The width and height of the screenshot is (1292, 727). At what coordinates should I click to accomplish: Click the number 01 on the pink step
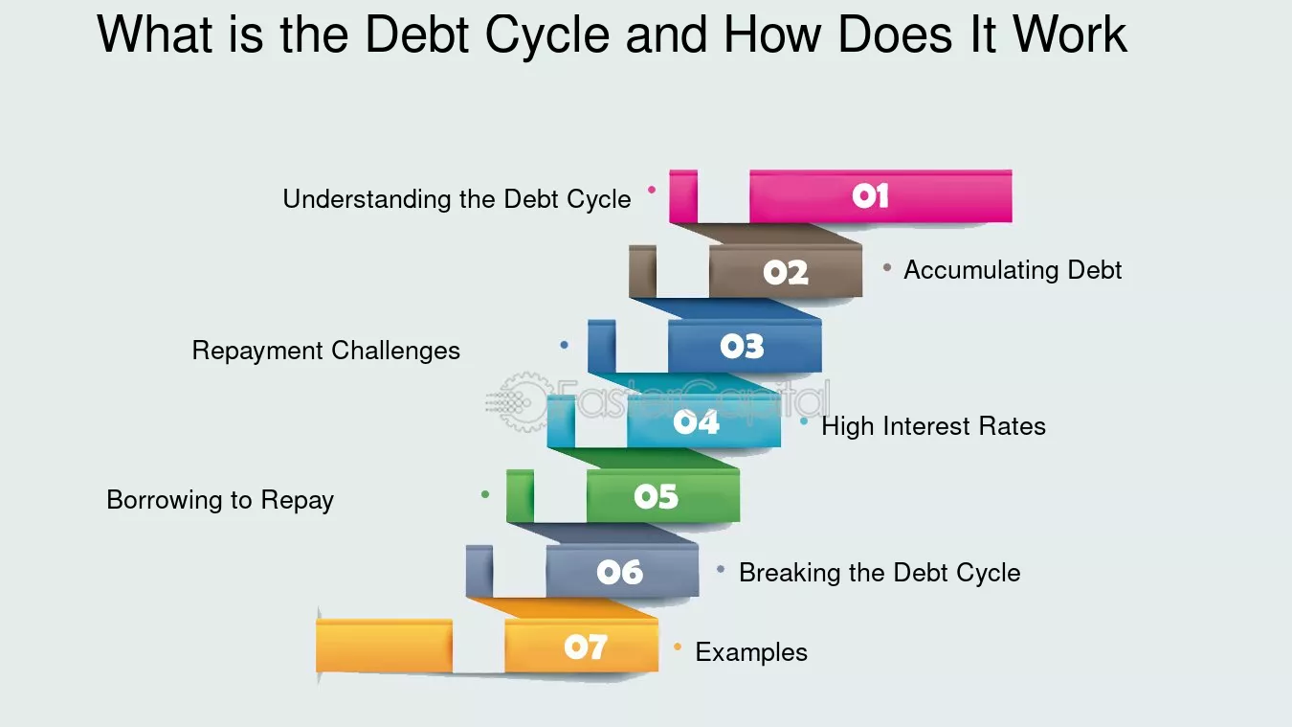point(870,196)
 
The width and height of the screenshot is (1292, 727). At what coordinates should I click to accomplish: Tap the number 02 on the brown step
point(786,273)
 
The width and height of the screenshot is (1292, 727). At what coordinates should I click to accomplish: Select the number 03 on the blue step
point(742,347)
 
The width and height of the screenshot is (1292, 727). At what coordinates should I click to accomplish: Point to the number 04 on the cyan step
point(696,421)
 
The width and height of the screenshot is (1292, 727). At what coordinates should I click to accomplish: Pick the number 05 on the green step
point(656,496)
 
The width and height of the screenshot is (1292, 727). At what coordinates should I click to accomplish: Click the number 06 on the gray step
point(619,572)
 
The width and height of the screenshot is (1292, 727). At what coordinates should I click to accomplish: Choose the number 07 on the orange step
point(585,647)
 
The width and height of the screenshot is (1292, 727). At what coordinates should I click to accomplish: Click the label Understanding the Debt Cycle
point(457,199)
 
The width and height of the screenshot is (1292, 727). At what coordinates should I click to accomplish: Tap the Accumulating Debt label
point(1013,270)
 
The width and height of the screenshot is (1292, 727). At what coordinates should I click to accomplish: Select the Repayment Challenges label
point(325,351)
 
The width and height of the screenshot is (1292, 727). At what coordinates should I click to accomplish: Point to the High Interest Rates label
point(933,426)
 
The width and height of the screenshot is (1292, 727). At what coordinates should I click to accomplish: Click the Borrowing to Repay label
point(220,500)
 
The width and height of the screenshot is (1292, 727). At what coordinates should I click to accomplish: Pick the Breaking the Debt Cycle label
point(880,573)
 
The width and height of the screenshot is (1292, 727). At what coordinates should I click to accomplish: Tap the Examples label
point(751,652)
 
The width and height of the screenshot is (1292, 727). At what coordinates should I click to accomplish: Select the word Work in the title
point(1070,36)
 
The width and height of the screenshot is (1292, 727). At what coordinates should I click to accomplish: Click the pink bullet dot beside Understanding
point(652,190)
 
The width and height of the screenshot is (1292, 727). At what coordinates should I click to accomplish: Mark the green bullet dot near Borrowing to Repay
point(485,494)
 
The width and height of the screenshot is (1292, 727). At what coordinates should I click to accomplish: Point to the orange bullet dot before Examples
point(678,647)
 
